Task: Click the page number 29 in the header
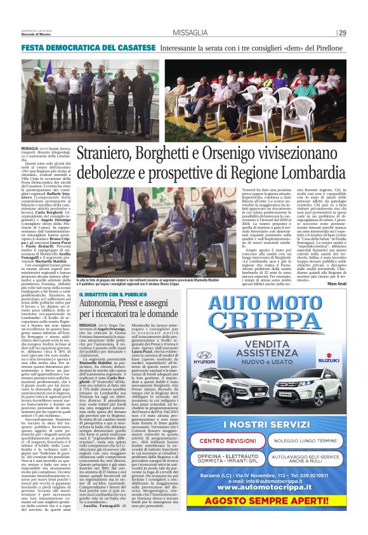[x=341, y=33]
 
